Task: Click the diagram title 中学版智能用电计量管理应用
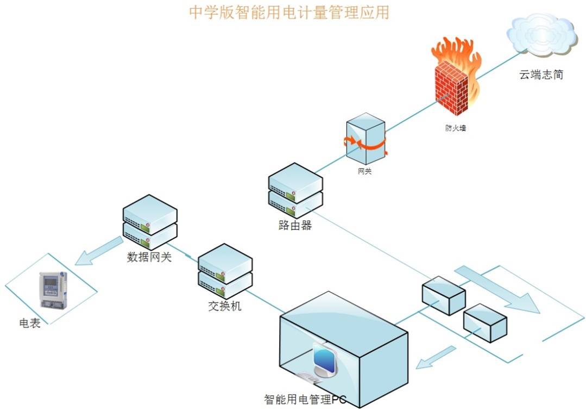click(289, 13)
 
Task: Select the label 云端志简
click(541, 75)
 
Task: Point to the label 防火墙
click(455, 129)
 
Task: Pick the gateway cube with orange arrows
click(366, 139)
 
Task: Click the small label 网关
click(365, 172)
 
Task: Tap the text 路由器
click(295, 226)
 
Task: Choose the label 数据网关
click(149, 257)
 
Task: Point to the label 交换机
click(224, 306)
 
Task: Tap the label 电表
click(30, 324)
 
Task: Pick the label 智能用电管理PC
click(305, 400)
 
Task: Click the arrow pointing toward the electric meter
click(98, 251)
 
